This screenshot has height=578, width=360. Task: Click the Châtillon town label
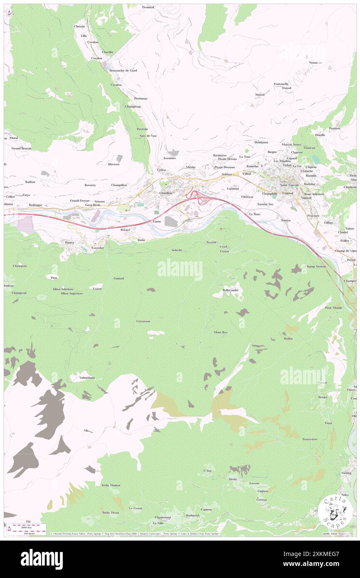tap(165, 193)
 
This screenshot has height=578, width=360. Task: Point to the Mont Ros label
tap(221, 332)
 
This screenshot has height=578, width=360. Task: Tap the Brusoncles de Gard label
tap(123, 70)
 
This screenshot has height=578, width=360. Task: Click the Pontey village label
tap(69, 242)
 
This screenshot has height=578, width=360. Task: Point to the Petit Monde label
tap(333, 308)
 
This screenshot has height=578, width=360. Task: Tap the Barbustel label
tap(193, 515)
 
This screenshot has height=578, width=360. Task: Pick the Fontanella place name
tap(281, 84)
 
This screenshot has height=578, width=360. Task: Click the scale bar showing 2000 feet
tap(25, 527)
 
